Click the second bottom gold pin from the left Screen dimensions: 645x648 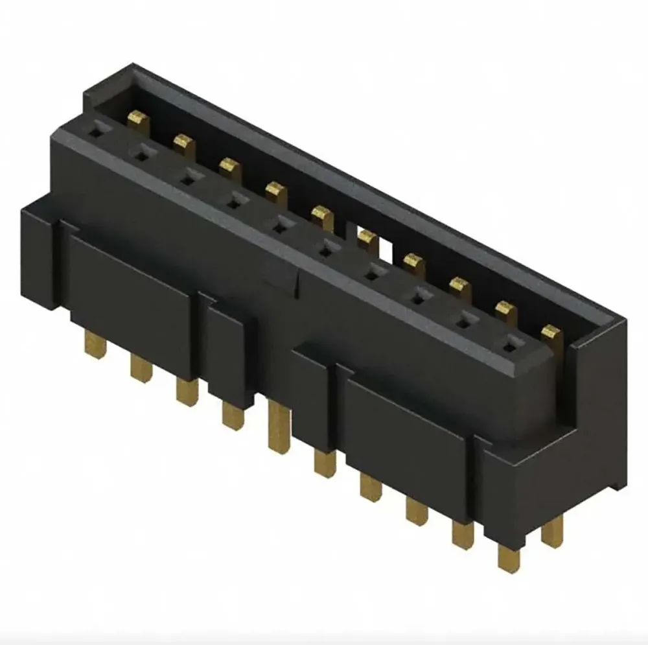(x=140, y=370)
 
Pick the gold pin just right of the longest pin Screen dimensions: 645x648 (x=324, y=462)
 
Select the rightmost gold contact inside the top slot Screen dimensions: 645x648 (x=551, y=333)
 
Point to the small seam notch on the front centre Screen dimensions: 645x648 (x=297, y=279)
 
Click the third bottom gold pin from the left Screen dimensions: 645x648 (x=186, y=392)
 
